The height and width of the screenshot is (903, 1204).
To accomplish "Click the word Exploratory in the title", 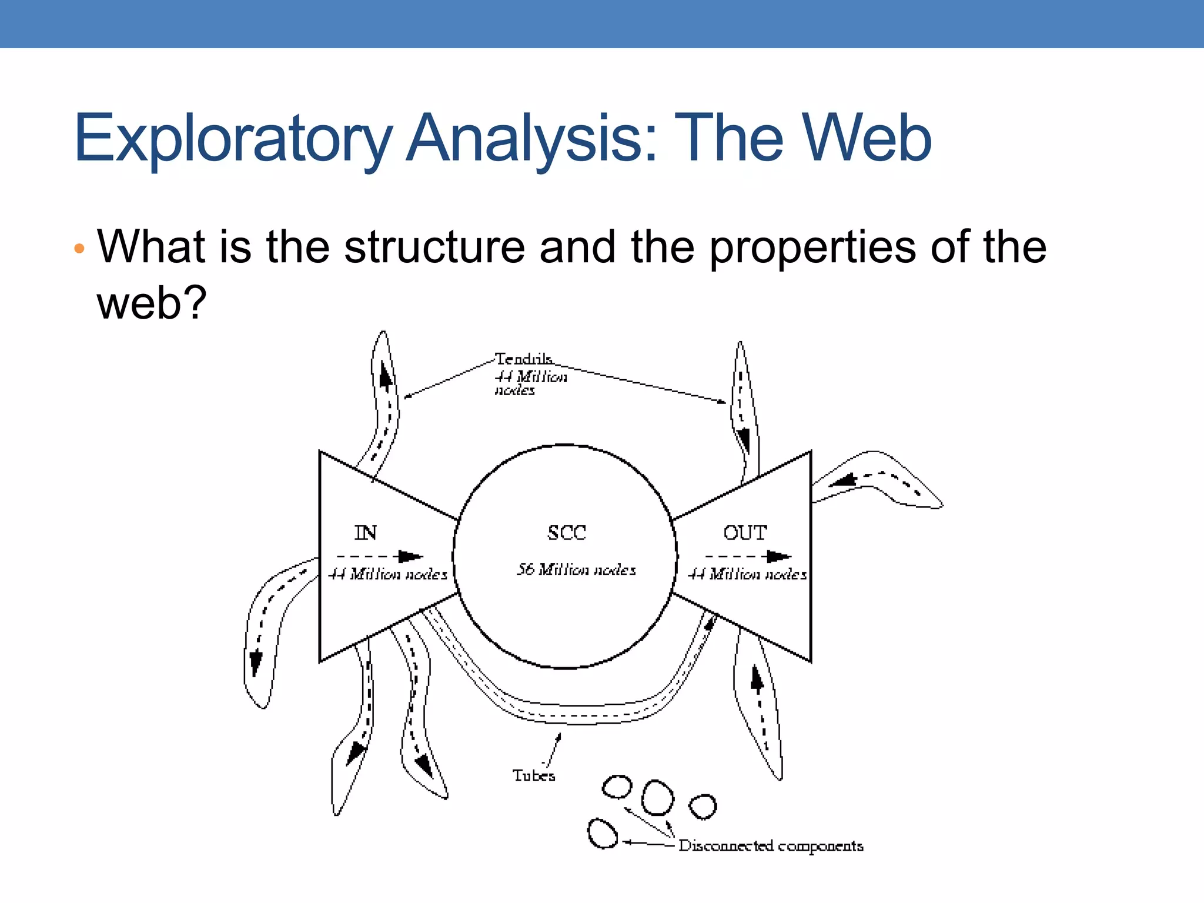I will click(x=232, y=139).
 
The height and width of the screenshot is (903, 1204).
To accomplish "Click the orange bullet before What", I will click(x=79, y=249).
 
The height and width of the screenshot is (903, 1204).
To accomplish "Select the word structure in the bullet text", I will click(x=434, y=247).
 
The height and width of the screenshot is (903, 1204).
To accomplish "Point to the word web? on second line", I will click(x=152, y=303).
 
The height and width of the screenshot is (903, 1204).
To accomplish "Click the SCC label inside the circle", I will click(x=567, y=533).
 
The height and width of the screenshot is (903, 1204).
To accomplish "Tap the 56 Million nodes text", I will click(x=576, y=570).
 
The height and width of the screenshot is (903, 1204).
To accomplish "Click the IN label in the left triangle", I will click(x=365, y=533).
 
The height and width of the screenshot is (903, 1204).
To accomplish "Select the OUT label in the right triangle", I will click(x=745, y=533).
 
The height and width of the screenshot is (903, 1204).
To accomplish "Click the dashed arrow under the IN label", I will click(x=380, y=556).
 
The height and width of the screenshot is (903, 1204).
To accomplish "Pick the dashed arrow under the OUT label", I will click(x=748, y=556).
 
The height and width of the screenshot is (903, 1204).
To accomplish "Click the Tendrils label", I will click(x=523, y=359).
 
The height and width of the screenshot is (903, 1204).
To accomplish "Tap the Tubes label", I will click(x=533, y=775).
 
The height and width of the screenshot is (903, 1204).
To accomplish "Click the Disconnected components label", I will click(x=771, y=846).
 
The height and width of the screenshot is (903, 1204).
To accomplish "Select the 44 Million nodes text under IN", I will click(x=387, y=574).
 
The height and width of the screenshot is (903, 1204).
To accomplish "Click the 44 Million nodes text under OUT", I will click(x=747, y=574).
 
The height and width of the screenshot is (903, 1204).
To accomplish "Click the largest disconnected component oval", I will click(x=657, y=797).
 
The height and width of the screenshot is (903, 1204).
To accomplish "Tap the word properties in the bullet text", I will click(x=812, y=247).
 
